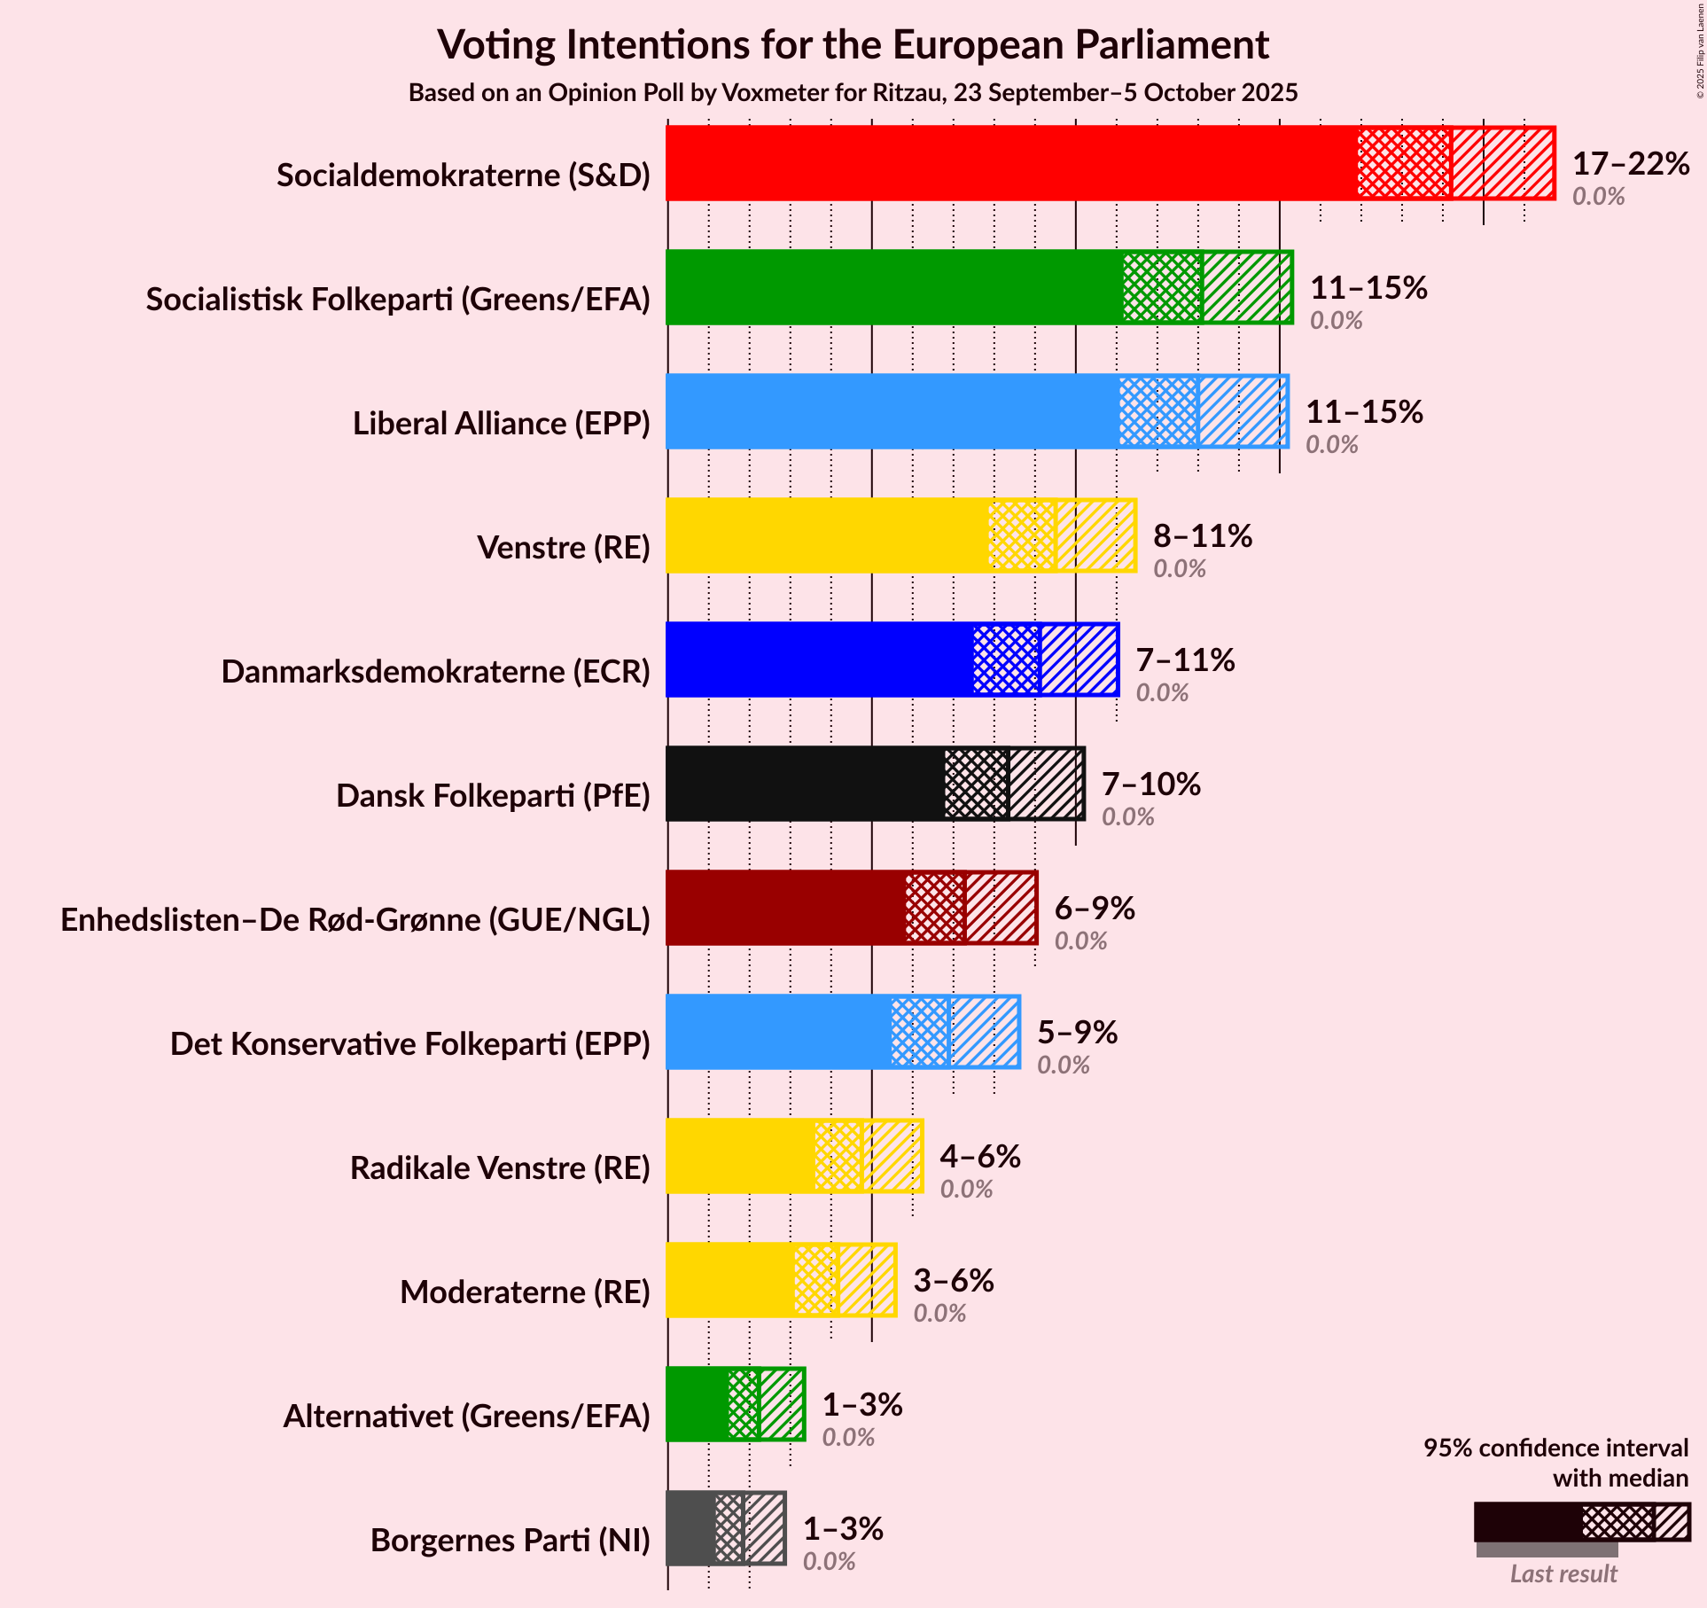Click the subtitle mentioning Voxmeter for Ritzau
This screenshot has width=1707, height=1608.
[853, 93]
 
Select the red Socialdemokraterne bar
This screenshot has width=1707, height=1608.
[1010, 163]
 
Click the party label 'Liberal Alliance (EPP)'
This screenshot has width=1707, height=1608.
[502, 424]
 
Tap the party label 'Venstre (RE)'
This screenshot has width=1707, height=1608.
[564, 548]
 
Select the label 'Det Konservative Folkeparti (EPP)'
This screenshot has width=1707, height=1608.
[410, 1044]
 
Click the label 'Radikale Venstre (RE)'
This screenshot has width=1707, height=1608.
[500, 1168]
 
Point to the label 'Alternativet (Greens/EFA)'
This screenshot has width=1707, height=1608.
[466, 1417]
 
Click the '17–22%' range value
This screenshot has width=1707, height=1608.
[1631, 164]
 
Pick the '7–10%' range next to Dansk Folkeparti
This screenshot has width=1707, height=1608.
[1151, 784]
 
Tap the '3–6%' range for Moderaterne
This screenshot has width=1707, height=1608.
[954, 1281]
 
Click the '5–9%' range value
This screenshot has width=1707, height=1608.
[1078, 1033]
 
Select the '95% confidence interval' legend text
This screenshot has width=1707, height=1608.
[1555, 1448]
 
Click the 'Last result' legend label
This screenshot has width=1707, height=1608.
[1563, 1573]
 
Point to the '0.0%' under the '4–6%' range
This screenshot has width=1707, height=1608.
[966, 1190]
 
